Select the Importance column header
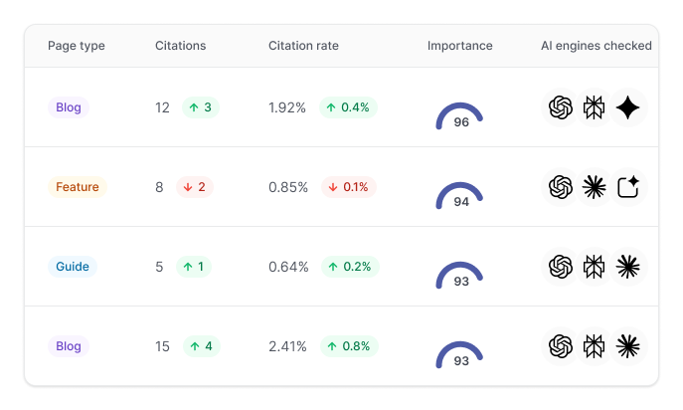(459, 46)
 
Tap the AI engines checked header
(596, 46)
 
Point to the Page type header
(76, 46)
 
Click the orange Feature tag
(77, 187)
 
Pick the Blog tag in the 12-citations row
(69, 107)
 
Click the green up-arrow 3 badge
(201, 107)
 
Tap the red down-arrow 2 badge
(195, 187)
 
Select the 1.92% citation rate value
(287, 107)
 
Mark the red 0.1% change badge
(348, 187)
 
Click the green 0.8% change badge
(348, 346)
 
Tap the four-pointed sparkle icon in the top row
(627, 107)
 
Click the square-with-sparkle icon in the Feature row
(627, 187)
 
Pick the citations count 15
(163, 346)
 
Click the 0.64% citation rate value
(287, 267)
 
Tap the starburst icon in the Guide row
(627, 267)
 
